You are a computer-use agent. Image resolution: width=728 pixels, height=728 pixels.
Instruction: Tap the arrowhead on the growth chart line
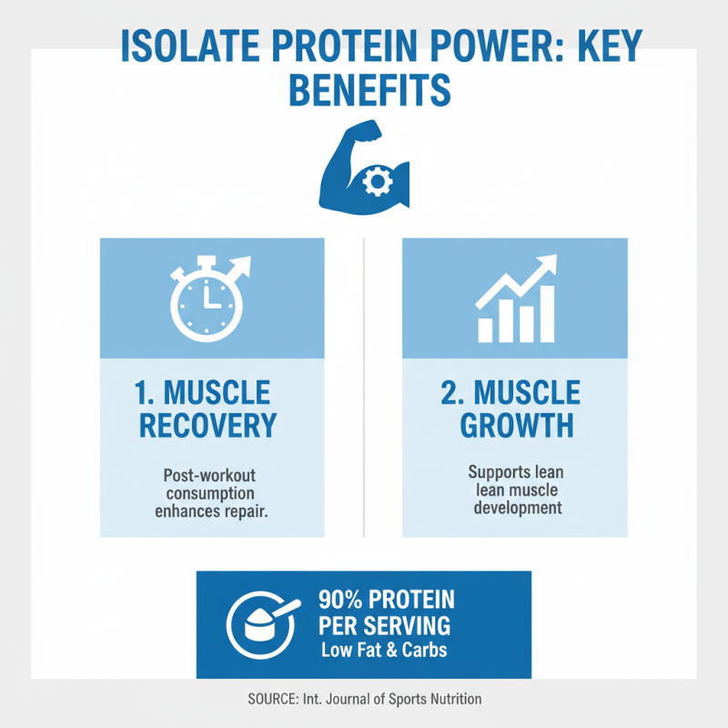[x=548, y=263]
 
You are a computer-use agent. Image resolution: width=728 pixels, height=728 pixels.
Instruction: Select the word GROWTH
[x=516, y=425]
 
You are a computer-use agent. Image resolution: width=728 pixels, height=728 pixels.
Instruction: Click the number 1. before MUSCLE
[x=148, y=393]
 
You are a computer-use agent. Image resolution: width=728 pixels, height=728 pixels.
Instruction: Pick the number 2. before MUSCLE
[x=452, y=393]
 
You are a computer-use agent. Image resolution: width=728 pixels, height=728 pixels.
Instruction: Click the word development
[x=515, y=508]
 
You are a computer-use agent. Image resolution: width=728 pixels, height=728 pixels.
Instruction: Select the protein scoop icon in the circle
[x=261, y=624]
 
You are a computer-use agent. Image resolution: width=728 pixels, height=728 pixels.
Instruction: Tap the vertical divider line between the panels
[x=364, y=387]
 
